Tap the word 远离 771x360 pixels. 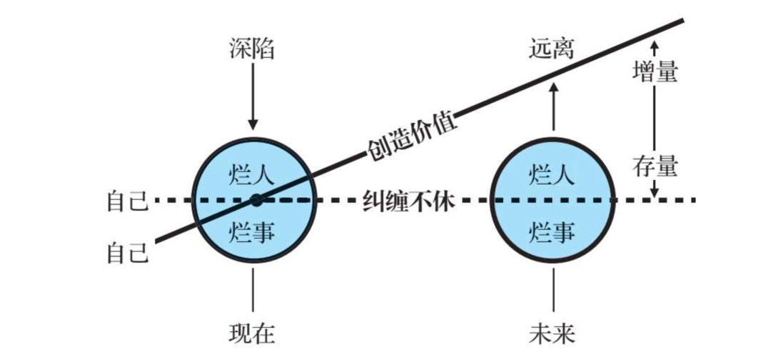[552, 49]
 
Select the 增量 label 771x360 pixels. [655, 71]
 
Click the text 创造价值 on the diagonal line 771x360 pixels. [412, 135]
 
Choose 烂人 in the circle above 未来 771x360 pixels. [552, 173]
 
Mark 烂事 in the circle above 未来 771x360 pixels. [552, 231]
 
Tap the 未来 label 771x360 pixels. [552, 333]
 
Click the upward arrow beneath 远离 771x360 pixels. [553, 107]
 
